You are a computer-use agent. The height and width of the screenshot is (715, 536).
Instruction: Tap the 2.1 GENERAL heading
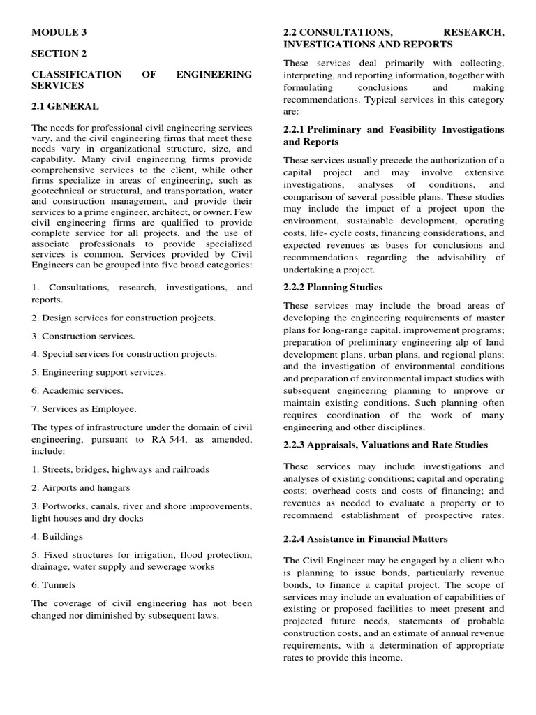[66, 106]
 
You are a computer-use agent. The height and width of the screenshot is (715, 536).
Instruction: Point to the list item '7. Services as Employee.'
[84, 408]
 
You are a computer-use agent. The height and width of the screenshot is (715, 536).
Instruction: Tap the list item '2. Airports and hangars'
[81, 487]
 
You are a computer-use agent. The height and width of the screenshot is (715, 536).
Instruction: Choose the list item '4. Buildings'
[57, 536]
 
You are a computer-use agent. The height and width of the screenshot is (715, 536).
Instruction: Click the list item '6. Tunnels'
[54, 584]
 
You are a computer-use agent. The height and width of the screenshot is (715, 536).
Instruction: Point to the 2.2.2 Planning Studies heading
[333, 287]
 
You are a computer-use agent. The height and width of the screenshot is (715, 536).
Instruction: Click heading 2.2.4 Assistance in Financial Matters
[365, 539]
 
